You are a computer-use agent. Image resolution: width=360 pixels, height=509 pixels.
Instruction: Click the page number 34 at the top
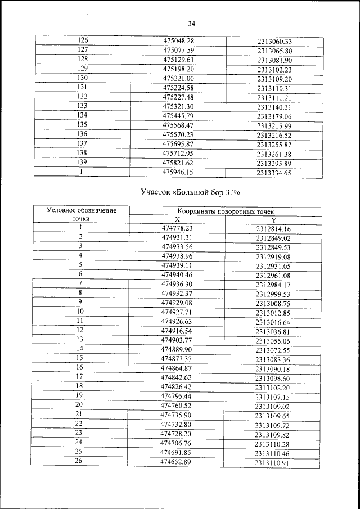click(x=191, y=24)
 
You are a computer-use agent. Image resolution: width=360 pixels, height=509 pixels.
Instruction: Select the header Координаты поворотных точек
click(x=226, y=211)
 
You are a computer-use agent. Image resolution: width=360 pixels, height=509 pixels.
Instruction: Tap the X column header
click(x=177, y=219)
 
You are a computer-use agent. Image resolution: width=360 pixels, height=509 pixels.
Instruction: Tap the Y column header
click(x=273, y=220)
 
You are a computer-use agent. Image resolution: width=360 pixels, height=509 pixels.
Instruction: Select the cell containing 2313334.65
click(x=274, y=174)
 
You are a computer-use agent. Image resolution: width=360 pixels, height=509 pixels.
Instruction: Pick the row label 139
click(x=82, y=163)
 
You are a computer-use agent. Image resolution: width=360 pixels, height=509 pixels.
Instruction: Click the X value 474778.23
click(x=177, y=228)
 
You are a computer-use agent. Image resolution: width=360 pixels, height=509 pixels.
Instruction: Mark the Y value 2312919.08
click(x=273, y=256)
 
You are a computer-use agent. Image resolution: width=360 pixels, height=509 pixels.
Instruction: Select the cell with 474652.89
click(x=177, y=461)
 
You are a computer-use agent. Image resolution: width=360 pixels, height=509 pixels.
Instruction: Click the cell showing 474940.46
click(x=177, y=274)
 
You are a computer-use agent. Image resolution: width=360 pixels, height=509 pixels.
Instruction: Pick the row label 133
click(x=82, y=106)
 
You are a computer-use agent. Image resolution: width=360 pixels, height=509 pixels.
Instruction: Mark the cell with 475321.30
click(x=178, y=106)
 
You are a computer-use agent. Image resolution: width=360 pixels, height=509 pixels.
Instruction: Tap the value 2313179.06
click(x=274, y=116)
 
